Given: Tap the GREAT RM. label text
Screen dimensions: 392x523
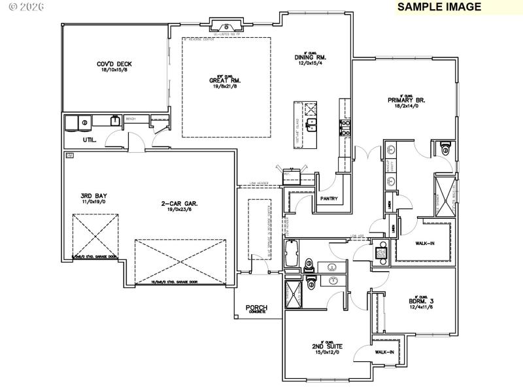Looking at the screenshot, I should click(222, 80).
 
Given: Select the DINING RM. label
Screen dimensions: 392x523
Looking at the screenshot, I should click(310, 57).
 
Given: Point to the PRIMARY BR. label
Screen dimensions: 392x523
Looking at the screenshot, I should click(407, 100).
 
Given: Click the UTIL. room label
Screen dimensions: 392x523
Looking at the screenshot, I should click(90, 140).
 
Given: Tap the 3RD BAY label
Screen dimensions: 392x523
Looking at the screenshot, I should click(93, 195).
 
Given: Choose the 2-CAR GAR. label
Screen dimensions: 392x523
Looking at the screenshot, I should click(180, 203).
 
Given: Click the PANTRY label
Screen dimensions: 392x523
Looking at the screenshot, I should click(329, 199).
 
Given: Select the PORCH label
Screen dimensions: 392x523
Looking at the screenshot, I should click(256, 308).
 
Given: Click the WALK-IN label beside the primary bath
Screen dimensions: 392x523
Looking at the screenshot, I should click(426, 244).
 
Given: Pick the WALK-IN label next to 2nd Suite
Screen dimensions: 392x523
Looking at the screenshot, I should click(384, 352).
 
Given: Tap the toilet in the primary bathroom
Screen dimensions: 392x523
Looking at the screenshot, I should click(445, 148).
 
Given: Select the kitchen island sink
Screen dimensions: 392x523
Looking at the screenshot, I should click(313, 122).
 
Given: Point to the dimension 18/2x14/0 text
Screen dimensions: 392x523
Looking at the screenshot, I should click(407, 106).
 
